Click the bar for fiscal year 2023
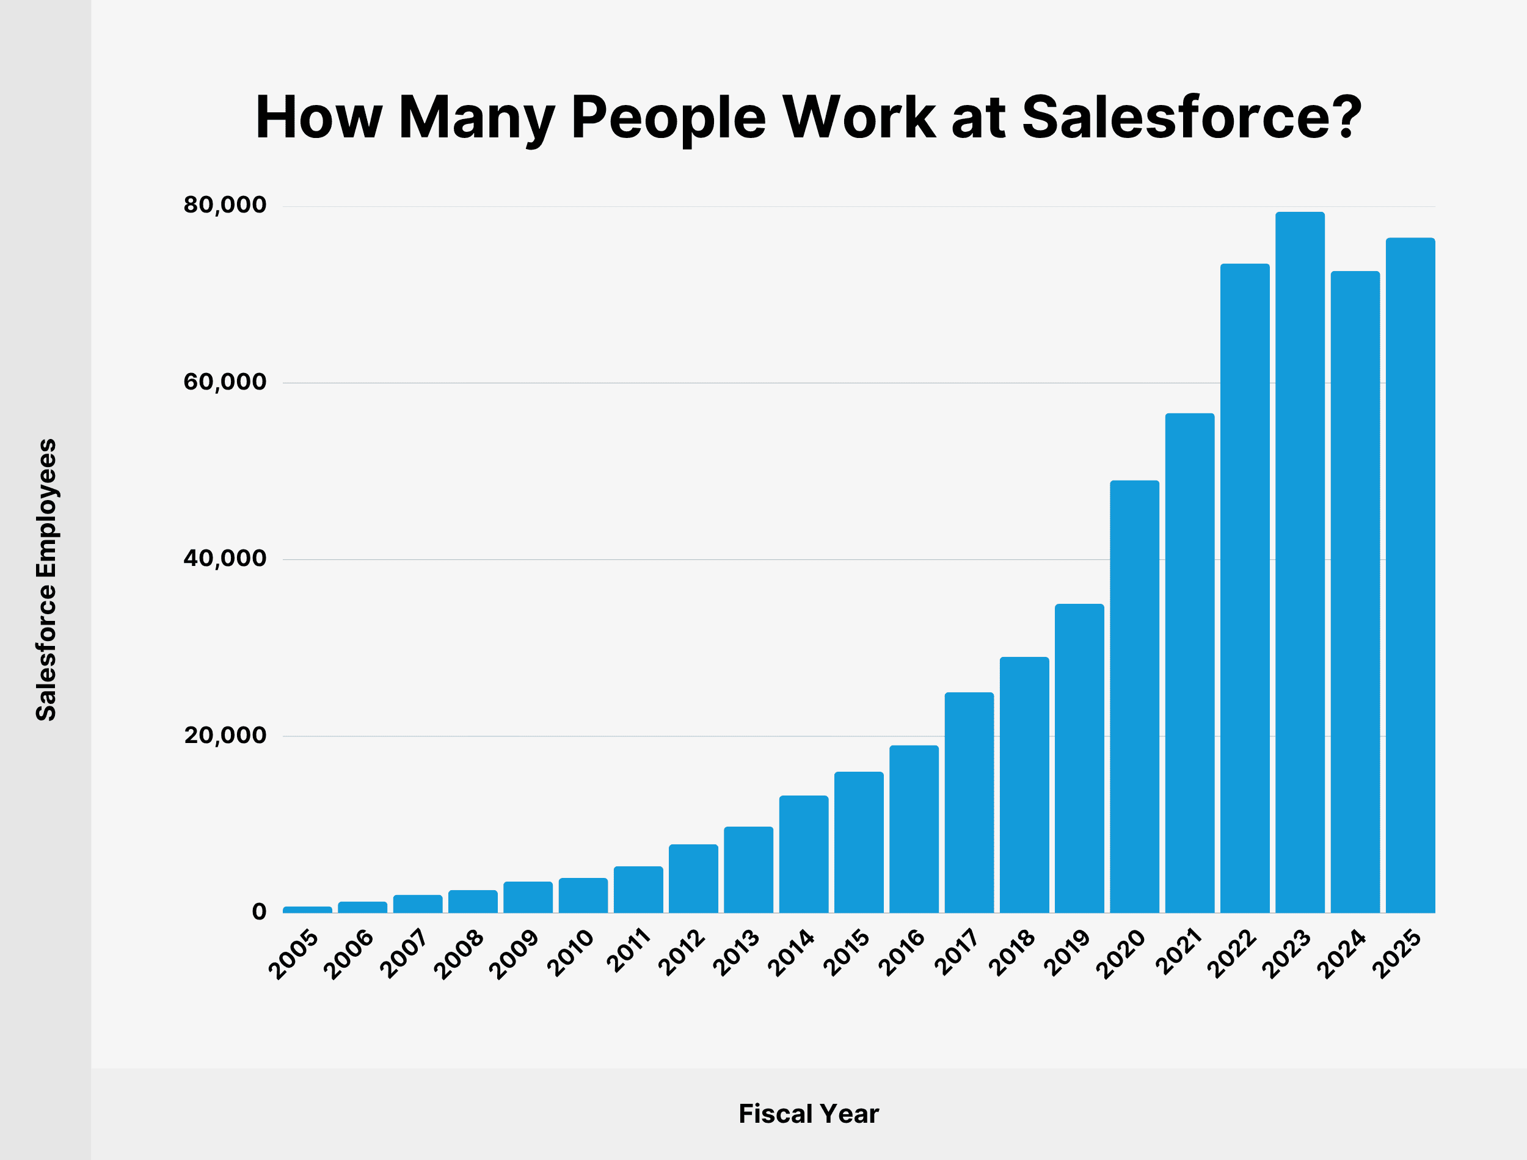[1300, 562]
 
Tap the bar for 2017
[969, 802]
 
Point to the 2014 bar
[803, 854]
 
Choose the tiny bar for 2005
[307, 909]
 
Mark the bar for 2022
[1245, 589]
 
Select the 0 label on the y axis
[259, 912]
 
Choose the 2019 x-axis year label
[1067, 954]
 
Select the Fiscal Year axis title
[808, 1114]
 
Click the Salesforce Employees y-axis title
[46, 580]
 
